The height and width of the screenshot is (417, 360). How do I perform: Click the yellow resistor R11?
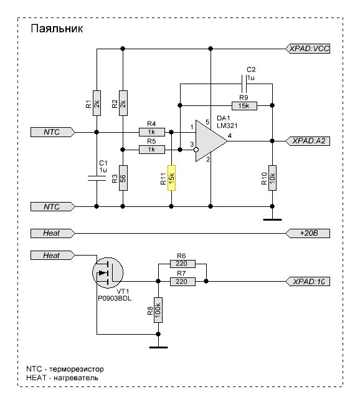pos(171,178)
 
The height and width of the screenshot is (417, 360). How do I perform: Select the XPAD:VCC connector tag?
pos(308,49)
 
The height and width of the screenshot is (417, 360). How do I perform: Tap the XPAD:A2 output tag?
pos(308,141)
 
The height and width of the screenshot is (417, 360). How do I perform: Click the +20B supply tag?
pos(308,233)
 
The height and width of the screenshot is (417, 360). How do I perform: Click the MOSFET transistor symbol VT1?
pos(108,272)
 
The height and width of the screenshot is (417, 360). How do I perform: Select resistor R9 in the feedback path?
pos(244,106)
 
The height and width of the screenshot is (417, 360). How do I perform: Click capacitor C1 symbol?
pos(97,178)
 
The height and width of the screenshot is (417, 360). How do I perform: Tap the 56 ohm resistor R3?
pos(123,178)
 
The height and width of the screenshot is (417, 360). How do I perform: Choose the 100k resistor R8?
pos(158,310)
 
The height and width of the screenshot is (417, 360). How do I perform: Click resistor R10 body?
pos(272,178)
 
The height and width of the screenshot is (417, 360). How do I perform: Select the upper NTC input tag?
pos(52,132)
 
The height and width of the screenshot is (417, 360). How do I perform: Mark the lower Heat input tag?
pos(52,256)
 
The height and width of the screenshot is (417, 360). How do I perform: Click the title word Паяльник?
pos(57,29)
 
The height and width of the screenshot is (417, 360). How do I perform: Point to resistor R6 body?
pos(182,264)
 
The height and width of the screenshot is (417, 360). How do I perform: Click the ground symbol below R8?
pos(158,347)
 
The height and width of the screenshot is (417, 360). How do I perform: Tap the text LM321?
pos(227,125)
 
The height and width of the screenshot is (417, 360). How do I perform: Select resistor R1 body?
pos(97,103)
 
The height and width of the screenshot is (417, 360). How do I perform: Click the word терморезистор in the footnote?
pos(76,369)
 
